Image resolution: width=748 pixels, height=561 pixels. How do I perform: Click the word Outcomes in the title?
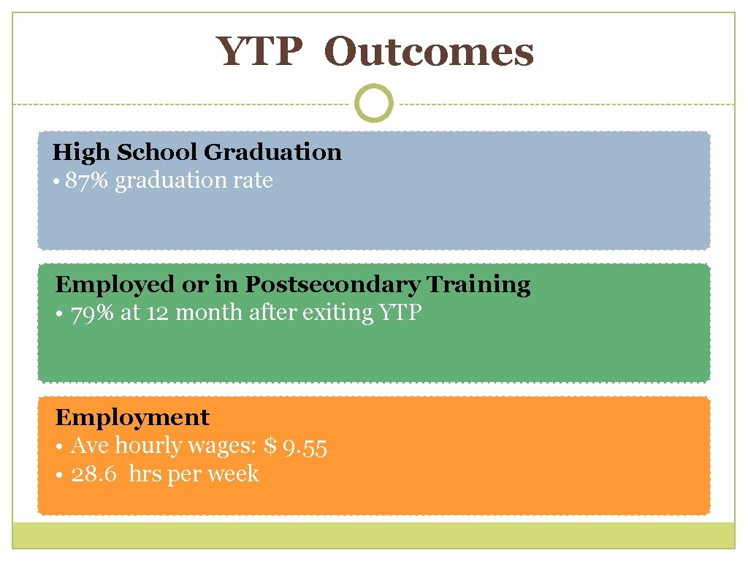pyautogui.click(x=429, y=53)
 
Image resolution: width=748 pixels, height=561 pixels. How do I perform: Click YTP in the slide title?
pyautogui.click(x=259, y=53)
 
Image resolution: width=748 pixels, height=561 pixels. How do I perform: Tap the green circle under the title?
pyautogui.click(x=373, y=104)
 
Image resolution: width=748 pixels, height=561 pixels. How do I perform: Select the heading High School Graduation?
pyautogui.click(x=197, y=152)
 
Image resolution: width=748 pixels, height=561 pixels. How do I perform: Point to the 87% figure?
pyautogui.click(x=87, y=180)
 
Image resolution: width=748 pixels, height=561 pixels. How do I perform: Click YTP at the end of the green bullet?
pyautogui.click(x=401, y=313)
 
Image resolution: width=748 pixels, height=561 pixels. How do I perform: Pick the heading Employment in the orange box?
pyautogui.click(x=132, y=417)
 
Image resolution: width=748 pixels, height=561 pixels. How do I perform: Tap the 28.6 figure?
pyautogui.click(x=94, y=475)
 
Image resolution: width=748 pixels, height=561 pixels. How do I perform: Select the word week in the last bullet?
pyautogui.click(x=233, y=475)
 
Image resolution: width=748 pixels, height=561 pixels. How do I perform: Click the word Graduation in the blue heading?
pyautogui.click(x=272, y=152)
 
